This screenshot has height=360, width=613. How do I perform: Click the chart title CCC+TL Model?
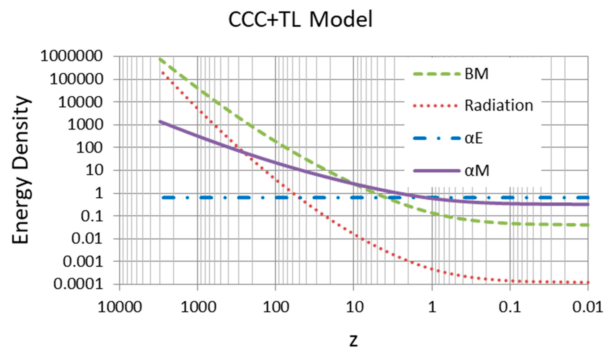pyautogui.click(x=300, y=20)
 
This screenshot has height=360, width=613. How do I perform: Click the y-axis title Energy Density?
pyautogui.click(x=21, y=170)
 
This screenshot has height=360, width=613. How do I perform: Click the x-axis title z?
pyautogui.click(x=353, y=340)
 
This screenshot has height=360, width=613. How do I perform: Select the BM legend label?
pyautogui.click(x=476, y=74)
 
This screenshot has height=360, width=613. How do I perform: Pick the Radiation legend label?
pyautogui.click(x=498, y=106)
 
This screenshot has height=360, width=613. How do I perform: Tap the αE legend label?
pyautogui.click(x=473, y=138)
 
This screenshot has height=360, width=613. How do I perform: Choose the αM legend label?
pyautogui.click(x=477, y=171)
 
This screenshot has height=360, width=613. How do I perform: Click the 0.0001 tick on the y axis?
pyautogui.click(x=78, y=284)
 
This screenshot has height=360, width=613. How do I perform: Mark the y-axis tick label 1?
pyautogui.click(x=98, y=193)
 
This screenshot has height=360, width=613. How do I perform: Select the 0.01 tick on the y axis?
pyautogui.click(x=88, y=239)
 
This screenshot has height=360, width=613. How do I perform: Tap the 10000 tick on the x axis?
pyautogui.click(x=120, y=307)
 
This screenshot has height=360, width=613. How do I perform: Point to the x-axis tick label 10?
pyautogui.click(x=354, y=307)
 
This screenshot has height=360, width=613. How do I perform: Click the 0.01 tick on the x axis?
pyautogui.click(x=588, y=307)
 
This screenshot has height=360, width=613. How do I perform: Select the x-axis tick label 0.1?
pyautogui.click(x=510, y=307)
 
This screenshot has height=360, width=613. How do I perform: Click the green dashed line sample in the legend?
pyautogui.click(x=437, y=74)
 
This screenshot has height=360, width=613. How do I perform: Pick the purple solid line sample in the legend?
pyautogui.click(x=437, y=171)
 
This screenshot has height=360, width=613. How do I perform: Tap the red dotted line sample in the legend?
pyautogui.click(x=437, y=106)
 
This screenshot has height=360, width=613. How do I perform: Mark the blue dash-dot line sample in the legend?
pyautogui.click(x=437, y=138)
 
